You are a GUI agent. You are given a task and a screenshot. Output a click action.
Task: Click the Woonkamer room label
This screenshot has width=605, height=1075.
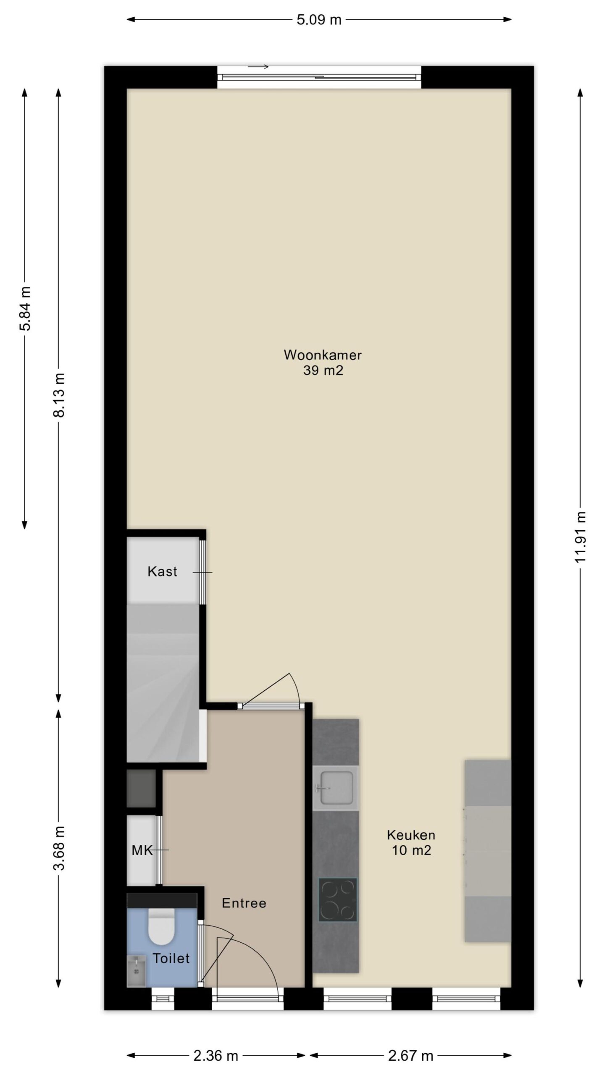322,355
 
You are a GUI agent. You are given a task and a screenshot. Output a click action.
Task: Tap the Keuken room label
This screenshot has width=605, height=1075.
411,835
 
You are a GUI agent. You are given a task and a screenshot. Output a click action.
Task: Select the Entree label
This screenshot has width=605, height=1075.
244,903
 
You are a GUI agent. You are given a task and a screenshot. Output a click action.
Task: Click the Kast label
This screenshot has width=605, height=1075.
162,572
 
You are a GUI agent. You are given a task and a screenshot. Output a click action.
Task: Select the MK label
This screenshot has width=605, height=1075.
142,851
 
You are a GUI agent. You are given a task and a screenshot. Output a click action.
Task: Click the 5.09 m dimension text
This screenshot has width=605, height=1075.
319,20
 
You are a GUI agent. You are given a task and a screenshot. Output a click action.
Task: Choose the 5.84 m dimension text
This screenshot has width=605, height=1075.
25,309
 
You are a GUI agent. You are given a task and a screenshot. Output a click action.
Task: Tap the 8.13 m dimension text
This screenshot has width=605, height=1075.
59,395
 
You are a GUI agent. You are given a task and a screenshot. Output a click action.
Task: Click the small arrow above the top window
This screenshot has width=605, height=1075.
258,66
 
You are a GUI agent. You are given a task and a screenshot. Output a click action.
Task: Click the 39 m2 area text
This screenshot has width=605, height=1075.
323,370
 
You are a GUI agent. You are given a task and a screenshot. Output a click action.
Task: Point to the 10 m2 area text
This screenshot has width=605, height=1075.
411,850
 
